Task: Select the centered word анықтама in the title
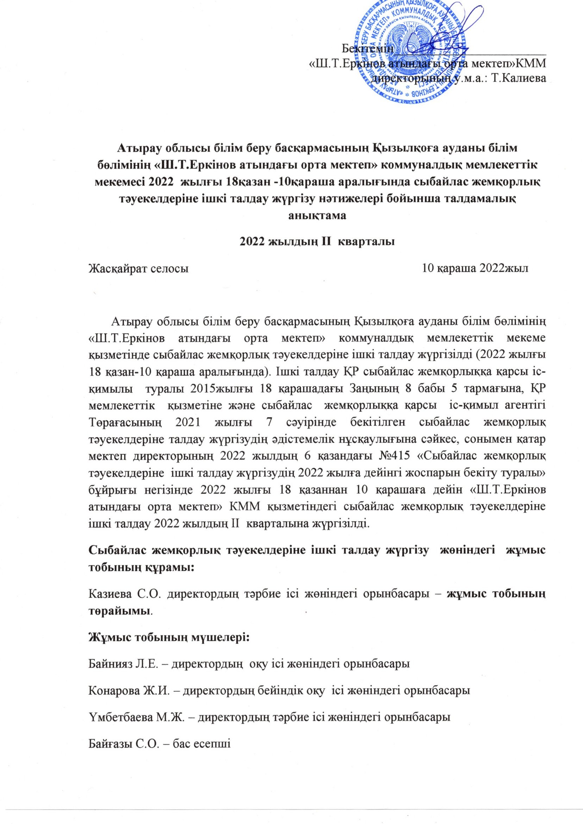pyautogui.click(x=317, y=215)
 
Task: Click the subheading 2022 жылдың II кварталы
pyautogui.click(x=317, y=241)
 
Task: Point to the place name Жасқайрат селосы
pyautogui.click(x=139, y=268)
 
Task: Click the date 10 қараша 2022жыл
pyautogui.click(x=475, y=268)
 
